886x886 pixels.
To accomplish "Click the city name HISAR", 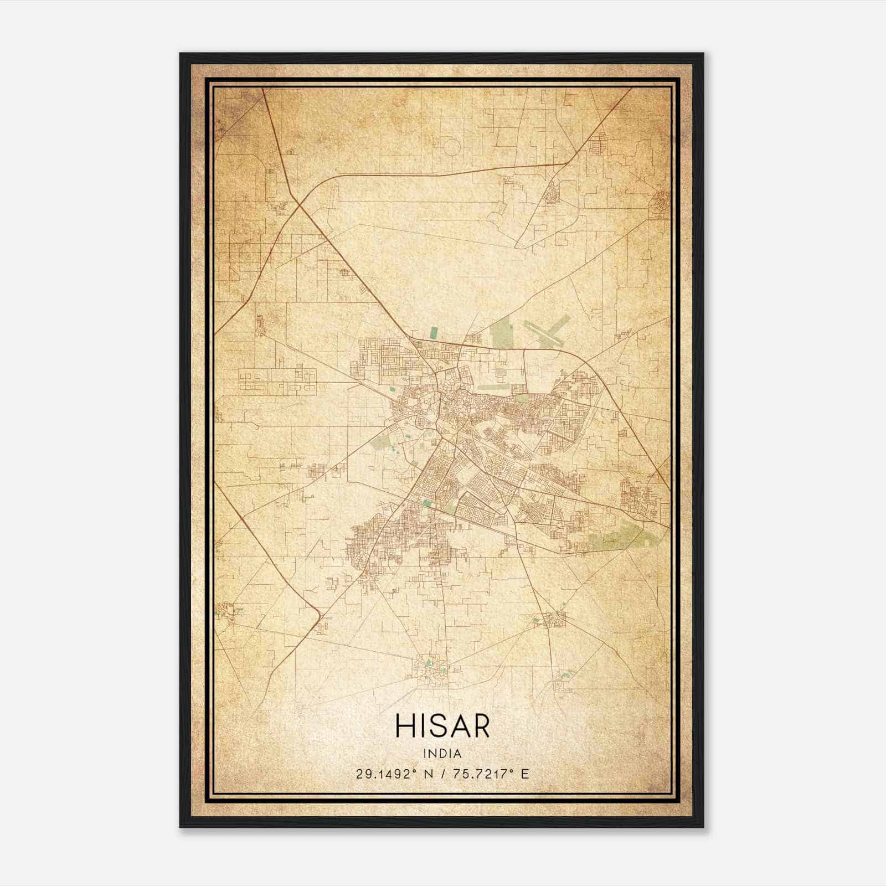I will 442,725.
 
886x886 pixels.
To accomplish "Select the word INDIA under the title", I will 442,754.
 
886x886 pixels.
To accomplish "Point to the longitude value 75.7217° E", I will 491,774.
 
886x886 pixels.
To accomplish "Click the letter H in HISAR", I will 405,725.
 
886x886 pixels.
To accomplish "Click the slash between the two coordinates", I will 441,774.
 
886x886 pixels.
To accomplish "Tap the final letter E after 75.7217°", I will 525,774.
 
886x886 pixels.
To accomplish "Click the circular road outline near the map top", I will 451,147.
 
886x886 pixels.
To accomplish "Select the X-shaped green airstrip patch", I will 546,332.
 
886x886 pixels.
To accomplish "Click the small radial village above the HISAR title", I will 431,671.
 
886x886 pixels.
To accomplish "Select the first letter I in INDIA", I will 425,754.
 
